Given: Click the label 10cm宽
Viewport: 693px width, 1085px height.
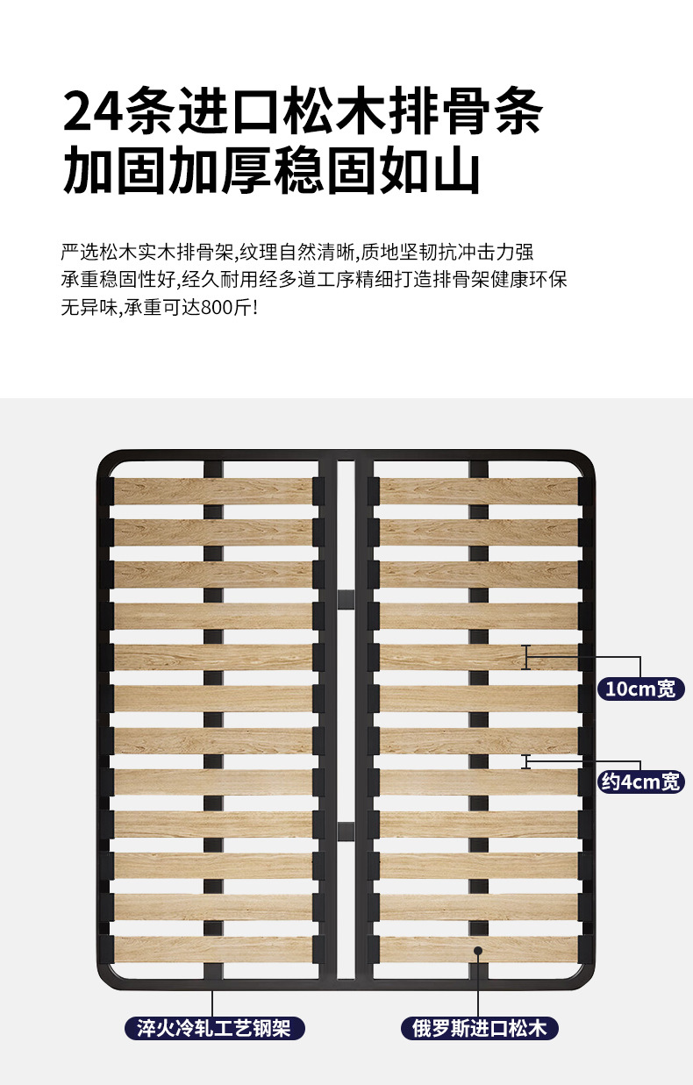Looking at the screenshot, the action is pyautogui.click(x=640, y=689).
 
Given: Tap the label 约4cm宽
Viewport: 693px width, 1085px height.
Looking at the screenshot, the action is pyautogui.click(x=640, y=781).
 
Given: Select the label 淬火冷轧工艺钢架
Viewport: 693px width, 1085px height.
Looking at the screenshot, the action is pyautogui.click(x=214, y=1027).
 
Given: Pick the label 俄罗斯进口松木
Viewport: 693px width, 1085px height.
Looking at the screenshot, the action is pyautogui.click(x=479, y=1027).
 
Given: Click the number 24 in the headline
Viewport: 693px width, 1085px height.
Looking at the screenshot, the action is pyautogui.click(x=93, y=111).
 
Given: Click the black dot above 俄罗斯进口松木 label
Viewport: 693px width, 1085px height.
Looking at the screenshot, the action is pyautogui.click(x=478, y=950).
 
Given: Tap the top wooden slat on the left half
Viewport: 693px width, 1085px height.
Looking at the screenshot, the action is pyautogui.click(x=213, y=491).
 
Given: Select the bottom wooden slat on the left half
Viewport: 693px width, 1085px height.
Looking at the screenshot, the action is pyautogui.click(x=213, y=948).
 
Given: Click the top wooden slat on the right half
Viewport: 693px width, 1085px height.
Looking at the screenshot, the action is pyautogui.click(x=479, y=491).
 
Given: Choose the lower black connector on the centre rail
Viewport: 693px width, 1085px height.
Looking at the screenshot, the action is pyautogui.click(x=346, y=829).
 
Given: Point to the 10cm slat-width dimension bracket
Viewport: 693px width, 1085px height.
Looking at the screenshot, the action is pyautogui.click(x=526, y=657).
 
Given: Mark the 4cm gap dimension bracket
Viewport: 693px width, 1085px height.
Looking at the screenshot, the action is pyautogui.click(x=526, y=761).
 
